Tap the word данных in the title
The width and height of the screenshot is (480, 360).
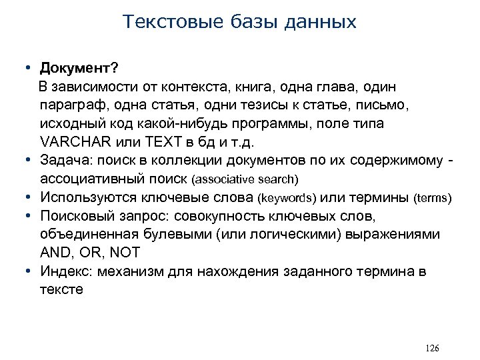[323, 22]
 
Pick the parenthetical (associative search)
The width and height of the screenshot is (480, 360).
[245, 180]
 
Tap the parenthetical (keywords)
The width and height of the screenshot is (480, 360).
[288, 198]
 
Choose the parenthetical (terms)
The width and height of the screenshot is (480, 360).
[433, 198]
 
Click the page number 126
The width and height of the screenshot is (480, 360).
[431, 349]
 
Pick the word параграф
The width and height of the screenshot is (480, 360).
[71, 105]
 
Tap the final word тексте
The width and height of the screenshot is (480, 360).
[62, 290]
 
